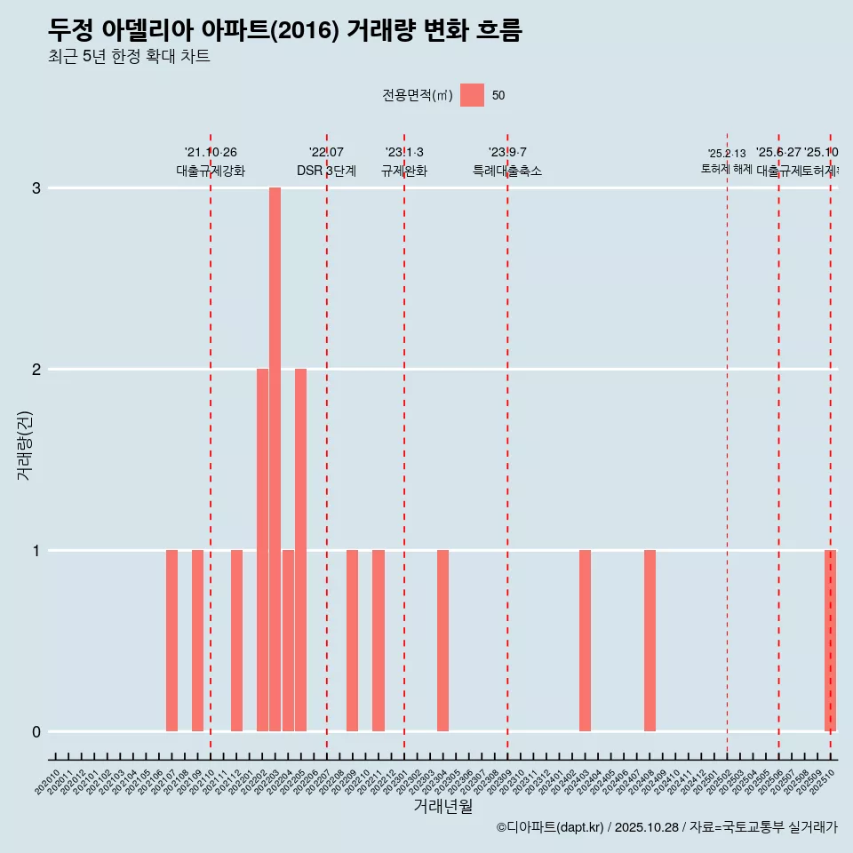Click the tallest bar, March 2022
[x=275, y=459]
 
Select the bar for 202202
[x=262, y=550]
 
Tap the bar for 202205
[x=300, y=550]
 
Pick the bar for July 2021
[x=171, y=641]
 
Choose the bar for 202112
[x=236, y=641]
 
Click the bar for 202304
[x=442, y=641]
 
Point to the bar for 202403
[x=585, y=641]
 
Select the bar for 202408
[x=650, y=641]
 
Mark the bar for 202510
[x=830, y=641]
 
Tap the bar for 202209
[x=352, y=641]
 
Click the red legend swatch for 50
[x=472, y=95]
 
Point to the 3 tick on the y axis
[x=36, y=188]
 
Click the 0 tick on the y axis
[x=36, y=732]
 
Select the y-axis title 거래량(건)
[x=25, y=444]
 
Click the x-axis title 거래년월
[x=442, y=806]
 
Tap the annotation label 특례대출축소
[x=506, y=171]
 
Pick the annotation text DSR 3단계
[x=326, y=171]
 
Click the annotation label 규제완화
[x=404, y=171]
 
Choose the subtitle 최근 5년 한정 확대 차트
[x=129, y=57]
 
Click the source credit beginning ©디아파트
[x=666, y=827]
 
